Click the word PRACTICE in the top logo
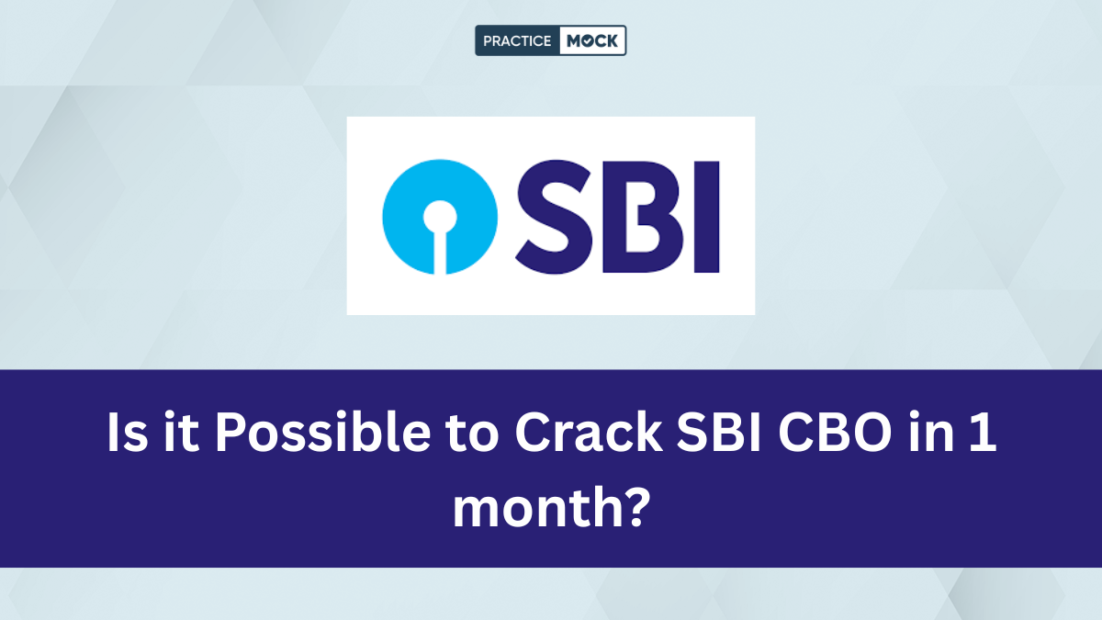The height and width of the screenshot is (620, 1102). (517, 41)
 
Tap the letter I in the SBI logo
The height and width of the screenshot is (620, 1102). (705, 216)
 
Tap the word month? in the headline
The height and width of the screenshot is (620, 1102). (551, 506)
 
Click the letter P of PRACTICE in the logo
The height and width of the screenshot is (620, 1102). (488, 41)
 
